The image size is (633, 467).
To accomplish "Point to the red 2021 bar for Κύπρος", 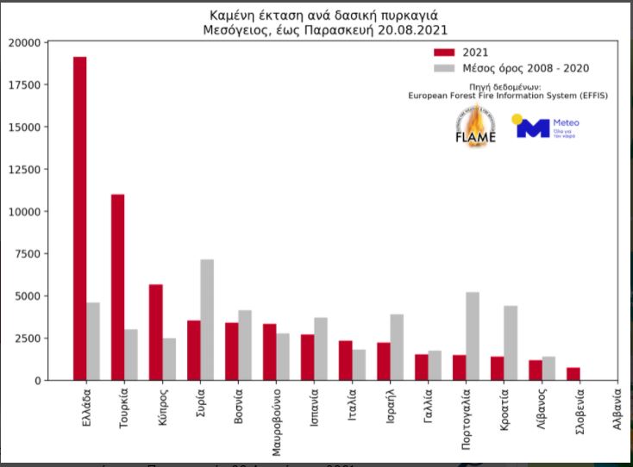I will (155, 333).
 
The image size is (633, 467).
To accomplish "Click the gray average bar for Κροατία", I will (511, 343).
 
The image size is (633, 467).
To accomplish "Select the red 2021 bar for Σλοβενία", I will (573, 374).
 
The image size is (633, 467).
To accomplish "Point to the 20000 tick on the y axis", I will (24, 42).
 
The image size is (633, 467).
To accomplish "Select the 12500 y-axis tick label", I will (24, 169).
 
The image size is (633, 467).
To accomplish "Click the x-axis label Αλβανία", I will (617, 413).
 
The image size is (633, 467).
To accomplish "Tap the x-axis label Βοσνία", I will (237, 412).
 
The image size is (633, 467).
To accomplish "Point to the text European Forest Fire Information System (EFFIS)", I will (508, 96).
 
